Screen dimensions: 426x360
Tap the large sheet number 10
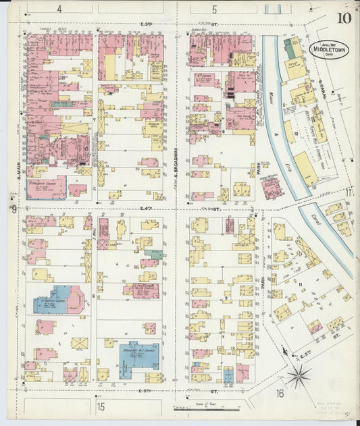345,18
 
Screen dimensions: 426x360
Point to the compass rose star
299,375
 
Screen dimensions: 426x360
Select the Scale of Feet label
199,403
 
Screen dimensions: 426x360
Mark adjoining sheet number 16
280,394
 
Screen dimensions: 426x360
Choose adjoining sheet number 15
101,406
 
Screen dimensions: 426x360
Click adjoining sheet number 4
59,9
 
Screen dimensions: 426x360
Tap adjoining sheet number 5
214,9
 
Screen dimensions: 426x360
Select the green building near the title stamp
291,49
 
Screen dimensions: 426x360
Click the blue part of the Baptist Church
51,302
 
